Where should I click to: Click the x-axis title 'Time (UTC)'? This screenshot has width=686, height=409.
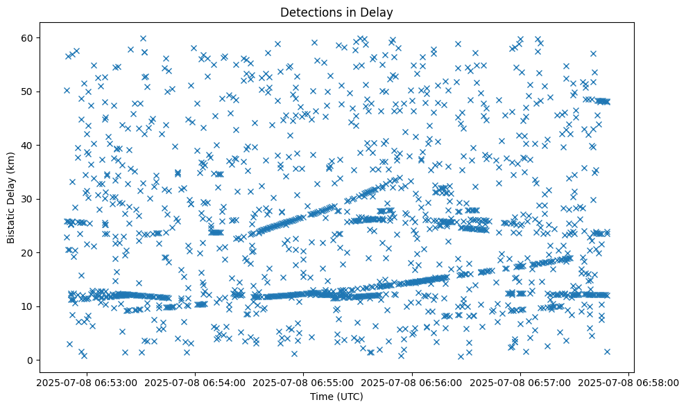[336, 397]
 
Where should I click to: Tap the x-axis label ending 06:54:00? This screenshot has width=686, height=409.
[194, 383]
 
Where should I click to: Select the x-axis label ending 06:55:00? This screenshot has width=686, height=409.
[303, 383]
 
